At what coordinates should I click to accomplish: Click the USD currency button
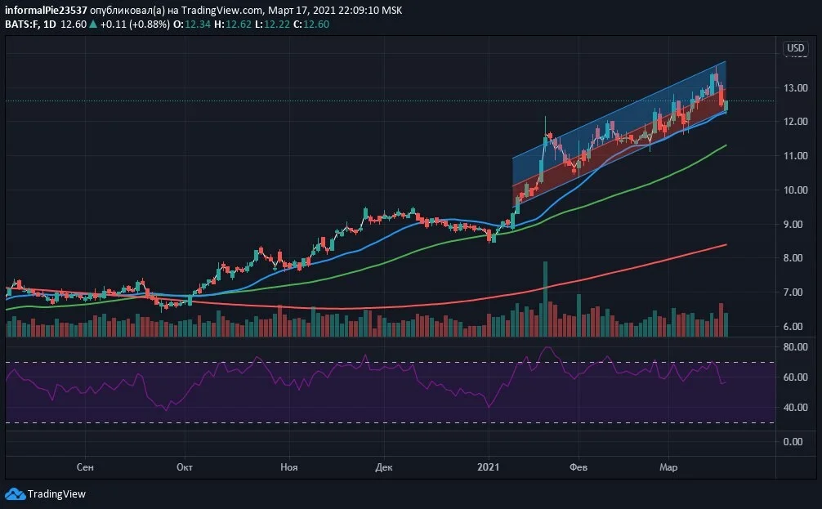[795, 48]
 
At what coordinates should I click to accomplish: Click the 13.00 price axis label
[795, 87]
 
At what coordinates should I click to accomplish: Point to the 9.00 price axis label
[795, 224]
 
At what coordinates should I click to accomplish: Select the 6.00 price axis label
[795, 326]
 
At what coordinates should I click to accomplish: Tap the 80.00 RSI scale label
[795, 347]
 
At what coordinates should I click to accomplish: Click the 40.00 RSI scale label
[795, 408]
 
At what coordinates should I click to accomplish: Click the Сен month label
[85, 467]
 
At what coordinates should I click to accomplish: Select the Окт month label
[185, 467]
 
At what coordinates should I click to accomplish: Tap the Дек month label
[384, 467]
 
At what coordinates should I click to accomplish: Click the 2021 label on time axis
[488, 467]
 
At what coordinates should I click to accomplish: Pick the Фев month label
[579, 467]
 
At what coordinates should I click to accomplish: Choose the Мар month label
[668, 467]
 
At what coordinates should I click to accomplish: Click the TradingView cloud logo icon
[15, 493]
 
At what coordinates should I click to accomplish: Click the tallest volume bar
[545, 299]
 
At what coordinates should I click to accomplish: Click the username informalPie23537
[46, 10]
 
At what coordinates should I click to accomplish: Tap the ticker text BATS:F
[21, 25]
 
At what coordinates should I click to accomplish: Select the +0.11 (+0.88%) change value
[135, 25]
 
